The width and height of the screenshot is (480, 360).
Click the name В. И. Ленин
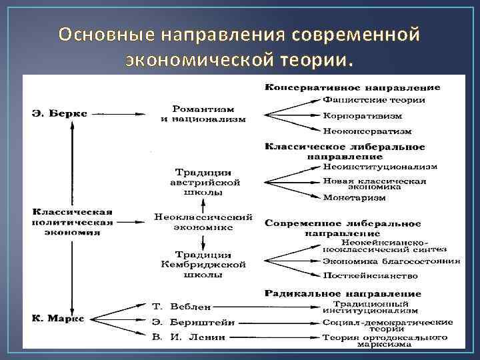click(x=189, y=338)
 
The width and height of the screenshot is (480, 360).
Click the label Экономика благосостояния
click(x=391, y=261)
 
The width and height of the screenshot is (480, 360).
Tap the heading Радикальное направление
click(x=343, y=293)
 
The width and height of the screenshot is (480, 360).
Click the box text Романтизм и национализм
click(x=203, y=113)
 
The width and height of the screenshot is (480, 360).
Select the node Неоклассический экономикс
click(x=203, y=222)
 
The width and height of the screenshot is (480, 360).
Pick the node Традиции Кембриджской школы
click(x=203, y=265)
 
